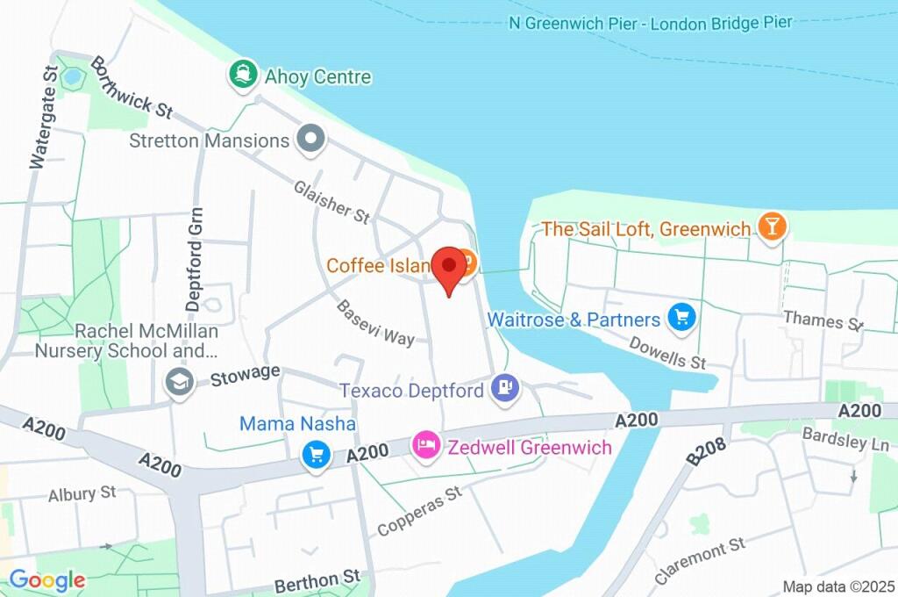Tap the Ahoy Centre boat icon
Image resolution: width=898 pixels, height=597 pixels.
242,76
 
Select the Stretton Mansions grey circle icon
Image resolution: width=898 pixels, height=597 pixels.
310,139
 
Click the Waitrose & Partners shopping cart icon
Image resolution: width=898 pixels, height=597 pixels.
681,318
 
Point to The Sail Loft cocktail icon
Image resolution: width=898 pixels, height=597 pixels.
773,227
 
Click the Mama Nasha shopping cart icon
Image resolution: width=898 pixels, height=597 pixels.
316,455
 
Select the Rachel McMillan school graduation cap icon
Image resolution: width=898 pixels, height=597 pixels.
180,383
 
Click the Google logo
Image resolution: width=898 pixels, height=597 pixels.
47,579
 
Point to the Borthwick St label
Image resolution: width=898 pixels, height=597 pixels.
131,88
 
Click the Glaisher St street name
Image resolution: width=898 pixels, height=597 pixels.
332,201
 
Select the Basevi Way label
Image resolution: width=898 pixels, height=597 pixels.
375,323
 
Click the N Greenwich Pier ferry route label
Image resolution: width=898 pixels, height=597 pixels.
650,23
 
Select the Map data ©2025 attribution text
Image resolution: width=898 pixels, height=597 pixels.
839,586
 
